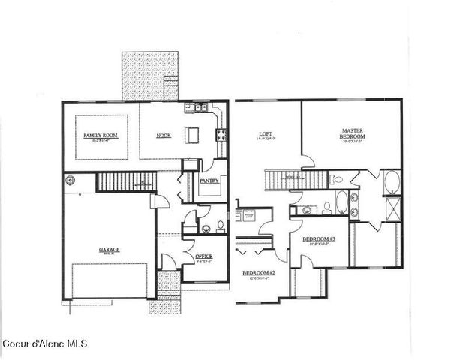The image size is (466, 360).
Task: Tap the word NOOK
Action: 163,135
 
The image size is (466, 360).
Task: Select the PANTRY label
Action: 209,180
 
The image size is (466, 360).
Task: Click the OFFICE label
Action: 204,256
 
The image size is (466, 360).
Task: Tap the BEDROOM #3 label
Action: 318,240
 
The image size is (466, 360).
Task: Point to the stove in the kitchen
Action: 221,136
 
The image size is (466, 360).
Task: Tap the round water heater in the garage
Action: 72,181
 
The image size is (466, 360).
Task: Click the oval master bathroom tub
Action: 391,183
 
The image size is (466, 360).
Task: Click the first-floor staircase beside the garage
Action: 125,181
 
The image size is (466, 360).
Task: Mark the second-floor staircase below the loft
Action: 296,180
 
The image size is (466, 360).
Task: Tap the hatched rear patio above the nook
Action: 149,75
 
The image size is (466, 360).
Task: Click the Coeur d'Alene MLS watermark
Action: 45,344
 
